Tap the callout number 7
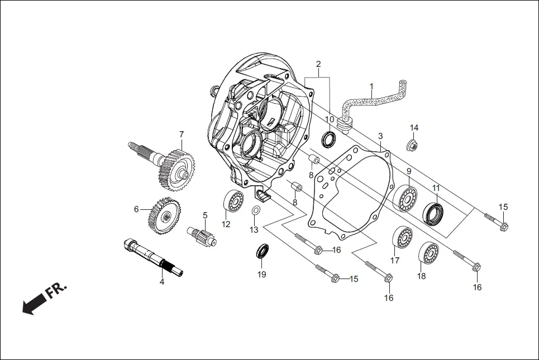tap(181, 134)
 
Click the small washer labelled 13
tap(255, 211)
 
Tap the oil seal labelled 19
tap(262, 251)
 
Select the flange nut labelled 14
tap(413, 146)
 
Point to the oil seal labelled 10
tap(330, 138)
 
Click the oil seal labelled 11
tap(433, 213)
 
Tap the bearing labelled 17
tap(402, 238)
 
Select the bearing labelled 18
tap(428, 253)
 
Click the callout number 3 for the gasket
tap(380, 136)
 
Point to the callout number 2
tap(318, 64)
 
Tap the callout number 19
tap(262, 274)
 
